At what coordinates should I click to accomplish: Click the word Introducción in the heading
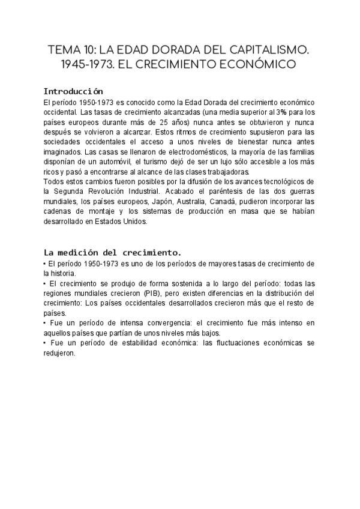point(74,91)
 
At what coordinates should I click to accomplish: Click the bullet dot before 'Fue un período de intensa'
point(46,323)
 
